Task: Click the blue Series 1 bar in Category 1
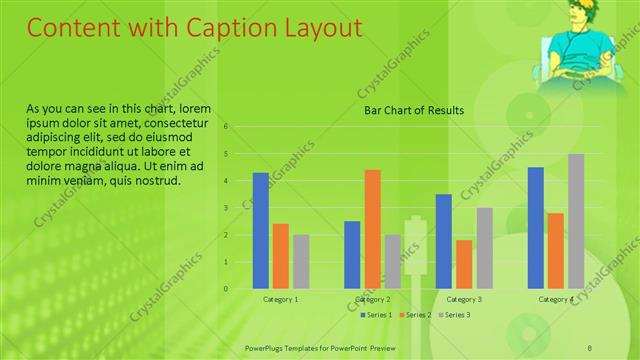point(260,231)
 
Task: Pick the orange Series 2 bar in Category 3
point(464,264)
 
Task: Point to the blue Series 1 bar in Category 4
point(535,228)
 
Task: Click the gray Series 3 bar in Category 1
point(301,262)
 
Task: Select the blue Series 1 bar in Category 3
point(443,241)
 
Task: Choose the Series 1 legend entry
point(377,315)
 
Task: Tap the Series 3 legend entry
point(455,315)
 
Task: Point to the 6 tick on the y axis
point(227,127)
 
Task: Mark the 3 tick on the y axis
point(227,208)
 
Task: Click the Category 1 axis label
point(280,299)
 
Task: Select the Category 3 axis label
point(464,299)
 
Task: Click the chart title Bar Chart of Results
point(413,110)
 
